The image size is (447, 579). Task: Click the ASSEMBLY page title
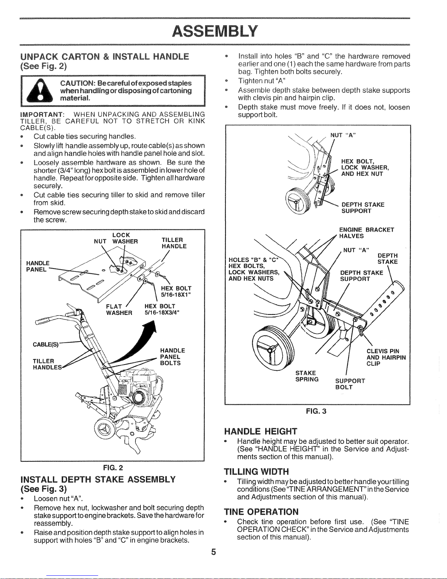click(215, 31)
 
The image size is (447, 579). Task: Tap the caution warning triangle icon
click(40, 91)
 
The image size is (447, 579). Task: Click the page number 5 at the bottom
click(213, 552)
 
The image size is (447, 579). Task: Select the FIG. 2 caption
click(113, 468)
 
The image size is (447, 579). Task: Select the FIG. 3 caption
click(316, 411)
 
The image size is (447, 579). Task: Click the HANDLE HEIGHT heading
click(261, 431)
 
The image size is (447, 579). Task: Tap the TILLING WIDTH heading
click(256, 471)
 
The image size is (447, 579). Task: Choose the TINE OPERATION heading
click(261, 511)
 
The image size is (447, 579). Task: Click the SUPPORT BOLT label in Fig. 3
click(350, 384)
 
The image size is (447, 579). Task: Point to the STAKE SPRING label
click(307, 376)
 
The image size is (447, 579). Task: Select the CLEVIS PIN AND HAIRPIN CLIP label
click(386, 357)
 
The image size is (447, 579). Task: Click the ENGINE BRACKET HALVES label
click(366, 233)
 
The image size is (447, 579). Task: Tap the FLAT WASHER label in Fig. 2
click(119, 309)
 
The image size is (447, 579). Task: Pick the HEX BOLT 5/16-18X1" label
click(176, 292)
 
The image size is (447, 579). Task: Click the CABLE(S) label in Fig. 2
click(46, 344)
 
